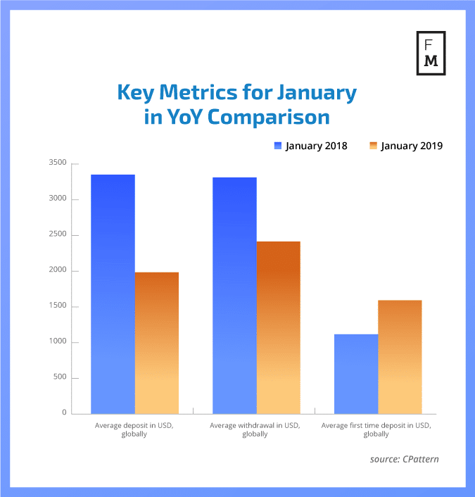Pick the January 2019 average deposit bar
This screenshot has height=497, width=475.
click(157, 343)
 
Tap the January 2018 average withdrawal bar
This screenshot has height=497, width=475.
click(234, 295)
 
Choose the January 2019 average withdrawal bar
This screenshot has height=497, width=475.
click(278, 327)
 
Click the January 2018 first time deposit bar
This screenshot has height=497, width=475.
click(356, 374)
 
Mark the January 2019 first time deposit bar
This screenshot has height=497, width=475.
click(400, 357)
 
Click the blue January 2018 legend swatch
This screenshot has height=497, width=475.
click(278, 146)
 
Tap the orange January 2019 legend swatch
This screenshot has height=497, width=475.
click(373, 146)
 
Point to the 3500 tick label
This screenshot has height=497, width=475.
click(58, 163)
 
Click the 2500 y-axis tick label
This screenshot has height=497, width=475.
click(58, 235)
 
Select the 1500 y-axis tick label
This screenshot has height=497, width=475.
click(58, 306)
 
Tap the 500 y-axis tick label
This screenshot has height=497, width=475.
click(60, 377)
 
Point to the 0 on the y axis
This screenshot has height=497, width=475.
click(64, 413)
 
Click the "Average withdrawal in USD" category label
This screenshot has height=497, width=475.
click(255, 430)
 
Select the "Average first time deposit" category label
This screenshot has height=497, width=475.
click(376, 430)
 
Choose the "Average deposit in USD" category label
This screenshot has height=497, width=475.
click(134, 430)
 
